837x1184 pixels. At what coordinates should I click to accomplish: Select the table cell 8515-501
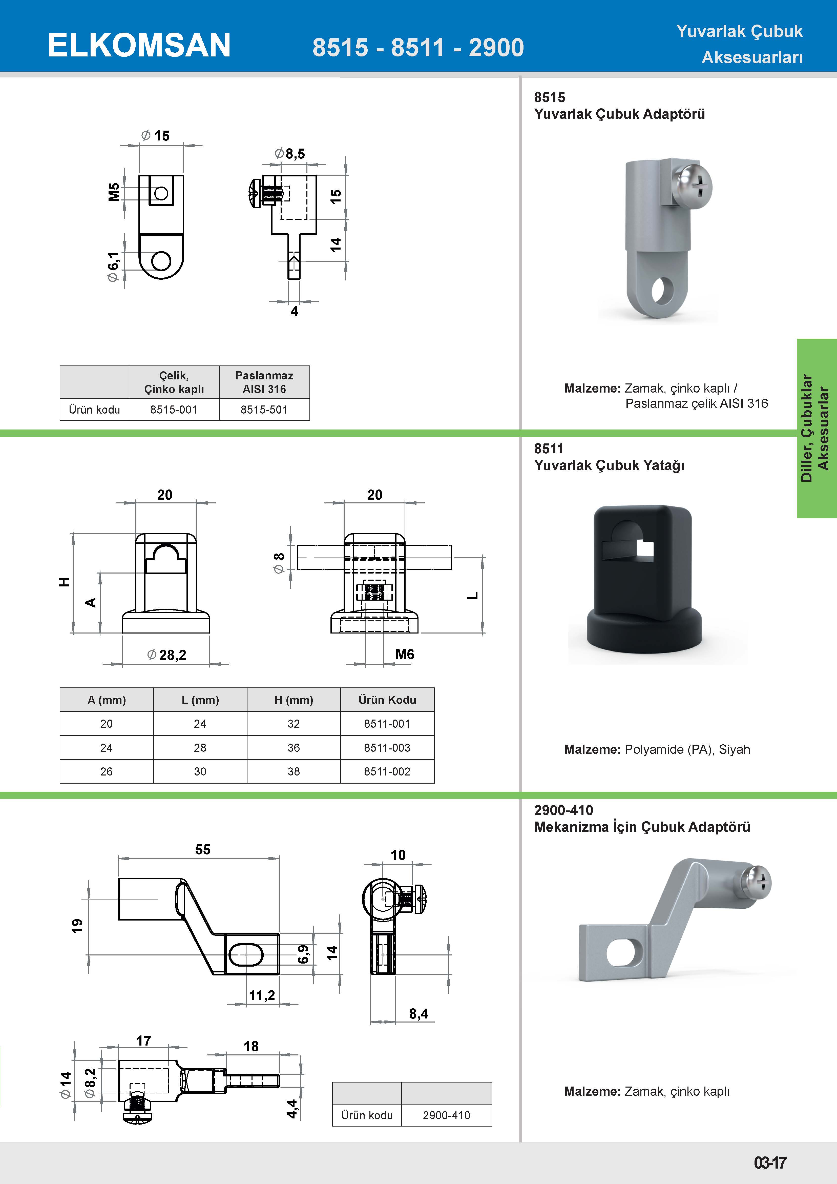[x=264, y=410]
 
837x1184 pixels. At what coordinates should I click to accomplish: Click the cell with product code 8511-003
[x=387, y=747]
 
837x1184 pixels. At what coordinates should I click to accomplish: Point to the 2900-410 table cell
[x=446, y=1115]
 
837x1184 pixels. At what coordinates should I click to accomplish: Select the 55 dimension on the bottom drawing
[x=203, y=849]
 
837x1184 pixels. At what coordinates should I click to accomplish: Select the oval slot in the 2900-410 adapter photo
[x=625, y=951]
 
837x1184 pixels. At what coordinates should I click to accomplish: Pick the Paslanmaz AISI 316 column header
[x=264, y=382]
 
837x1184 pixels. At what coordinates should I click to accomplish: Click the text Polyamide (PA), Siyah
[x=687, y=749]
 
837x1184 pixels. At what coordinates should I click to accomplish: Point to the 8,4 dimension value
[x=418, y=1014]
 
